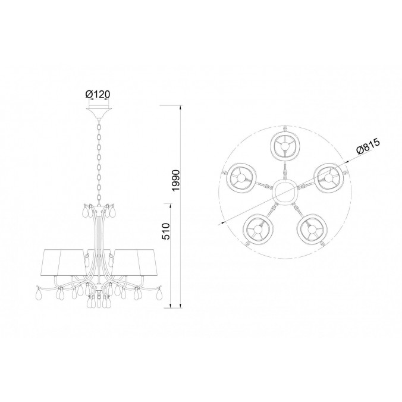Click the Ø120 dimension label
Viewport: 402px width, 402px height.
(x=98, y=95)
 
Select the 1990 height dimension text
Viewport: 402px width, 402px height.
(x=177, y=180)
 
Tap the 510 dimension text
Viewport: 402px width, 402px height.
(x=166, y=231)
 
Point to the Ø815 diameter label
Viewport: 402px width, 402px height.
(x=368, y=146)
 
